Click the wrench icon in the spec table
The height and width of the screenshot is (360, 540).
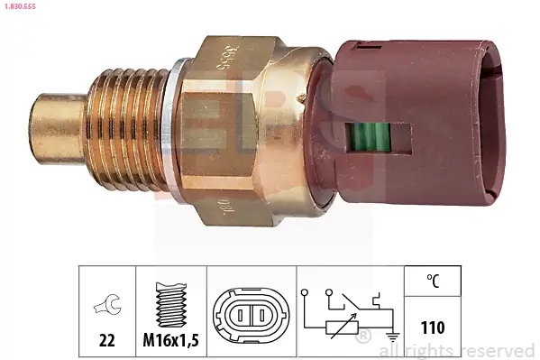106,306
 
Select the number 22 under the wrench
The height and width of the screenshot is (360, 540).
106,340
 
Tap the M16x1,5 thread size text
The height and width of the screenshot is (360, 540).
171,340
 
